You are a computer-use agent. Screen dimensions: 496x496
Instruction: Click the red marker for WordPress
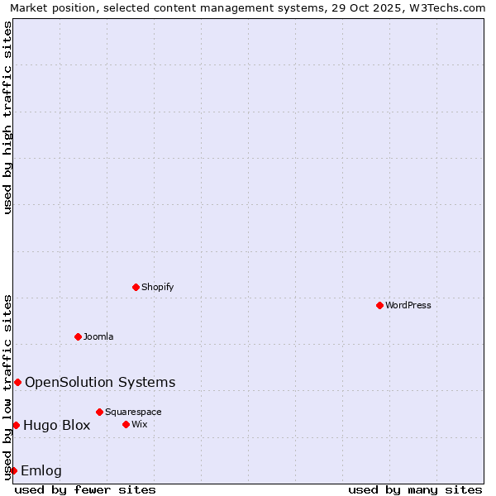pyautogui.click(x=379, y=305)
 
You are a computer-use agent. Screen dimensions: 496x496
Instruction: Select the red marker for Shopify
pyautogui.click(x=136, y=287)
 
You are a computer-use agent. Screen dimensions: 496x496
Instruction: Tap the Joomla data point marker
pyautogui.click(x=78, y=336)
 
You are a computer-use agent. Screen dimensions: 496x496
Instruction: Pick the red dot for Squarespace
pyautogui.click(x=99, y=412)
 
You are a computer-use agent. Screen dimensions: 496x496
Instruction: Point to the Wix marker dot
pyautogui.click(x=126, y=424)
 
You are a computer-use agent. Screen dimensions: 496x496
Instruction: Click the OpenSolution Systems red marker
pyautogui.click(x=17, y=382)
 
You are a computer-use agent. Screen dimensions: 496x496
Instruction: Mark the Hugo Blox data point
pyautogui.click(x=16, y=425)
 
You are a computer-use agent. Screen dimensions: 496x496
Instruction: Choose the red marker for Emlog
pyautogui.click(x=13, y=470)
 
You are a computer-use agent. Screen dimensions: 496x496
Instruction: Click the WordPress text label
pyautogui.click(x=408, y=305)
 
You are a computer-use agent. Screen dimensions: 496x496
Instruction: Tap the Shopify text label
pyautogui.click(x=157, y=287)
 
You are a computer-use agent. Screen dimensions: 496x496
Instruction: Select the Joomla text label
pyautogui.click(x=98, y=336)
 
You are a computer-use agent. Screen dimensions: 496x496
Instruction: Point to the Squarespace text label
pyautogui.click(x=133, y=412)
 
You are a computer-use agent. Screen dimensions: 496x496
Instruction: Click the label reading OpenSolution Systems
pyautogui.click(x=100, y=382)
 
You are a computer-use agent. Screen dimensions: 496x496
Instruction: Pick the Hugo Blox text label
pyautogui.click(x=56, y=426)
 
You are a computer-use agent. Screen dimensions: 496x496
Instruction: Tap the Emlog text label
pyautogui.click(x=41, y=471)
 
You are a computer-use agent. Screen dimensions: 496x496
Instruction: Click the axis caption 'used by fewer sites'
pyautogui.click(x=85, y=489)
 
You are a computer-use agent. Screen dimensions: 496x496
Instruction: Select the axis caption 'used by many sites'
pyautogui.click(x=415, y=489)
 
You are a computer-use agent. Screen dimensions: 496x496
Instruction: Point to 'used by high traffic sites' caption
pyautogui.click(x=7, y=117)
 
